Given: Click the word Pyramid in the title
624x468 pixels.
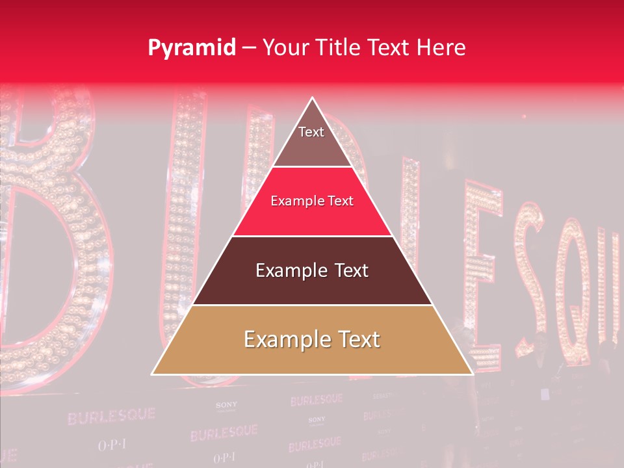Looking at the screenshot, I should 191,48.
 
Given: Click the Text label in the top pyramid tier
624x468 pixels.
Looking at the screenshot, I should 311,132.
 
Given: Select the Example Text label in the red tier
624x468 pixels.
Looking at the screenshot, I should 312,201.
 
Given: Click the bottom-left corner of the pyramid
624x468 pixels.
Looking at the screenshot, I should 152,374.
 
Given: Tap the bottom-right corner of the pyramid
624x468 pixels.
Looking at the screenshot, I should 473,374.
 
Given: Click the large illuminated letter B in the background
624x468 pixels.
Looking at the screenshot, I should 45,240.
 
